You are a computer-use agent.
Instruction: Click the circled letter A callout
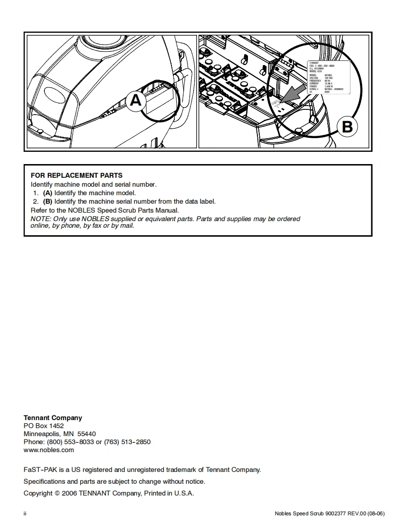click(x=136, y=101)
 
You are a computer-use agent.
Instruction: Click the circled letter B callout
click(x=347, y=127)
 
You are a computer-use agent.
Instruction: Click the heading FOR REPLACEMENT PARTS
click(x=77, y=175)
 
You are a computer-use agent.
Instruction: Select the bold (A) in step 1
click(x=48, y=193)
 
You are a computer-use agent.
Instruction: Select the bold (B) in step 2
click(x=48, y=201)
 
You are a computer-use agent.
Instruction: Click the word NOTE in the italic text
click(x=40, y=219)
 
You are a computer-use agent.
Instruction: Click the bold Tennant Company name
click(x=53, y=418)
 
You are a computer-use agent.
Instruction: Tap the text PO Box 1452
click(x=43, y=426)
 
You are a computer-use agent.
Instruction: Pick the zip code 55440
click(x=86, y=434)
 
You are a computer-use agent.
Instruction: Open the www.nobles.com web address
click(x=49, y=450)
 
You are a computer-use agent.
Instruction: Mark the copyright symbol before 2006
click(x=57, y=494)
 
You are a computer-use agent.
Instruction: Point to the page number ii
click(x=25, y=513)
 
